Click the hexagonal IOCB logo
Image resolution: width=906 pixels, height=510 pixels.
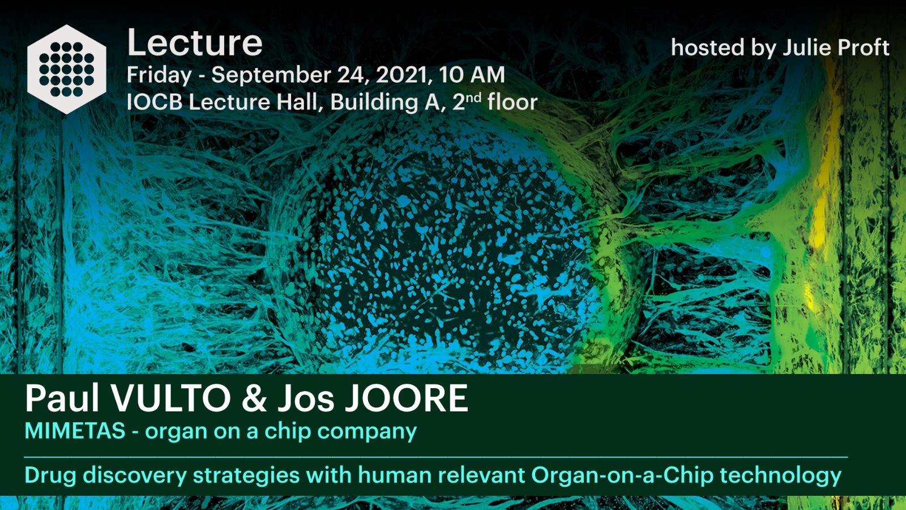pyautogui.click(x=67, y=69)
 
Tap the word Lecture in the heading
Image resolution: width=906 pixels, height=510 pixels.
pyautogui.click(x=195, y=43)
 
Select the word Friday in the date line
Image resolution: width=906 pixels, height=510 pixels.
pyautogui.click(x=159, y=76)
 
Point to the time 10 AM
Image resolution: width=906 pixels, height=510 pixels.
pyautogui.click(x=472, y=75)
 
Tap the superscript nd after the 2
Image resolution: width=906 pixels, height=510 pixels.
pyautogui.click(x=474, y=97)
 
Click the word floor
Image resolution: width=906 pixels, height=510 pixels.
pyautogui.click(x=512, y=101)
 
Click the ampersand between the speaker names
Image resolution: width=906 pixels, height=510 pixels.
pyautogui.click(x=254, y=398)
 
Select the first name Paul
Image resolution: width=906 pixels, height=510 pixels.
pyautogui.click(x=62, y=398)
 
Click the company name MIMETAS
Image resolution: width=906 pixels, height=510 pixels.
pyautogui.click(x=75, y=430)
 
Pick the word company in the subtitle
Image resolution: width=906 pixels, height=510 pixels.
pyautogui.click(x=367, y=432)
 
